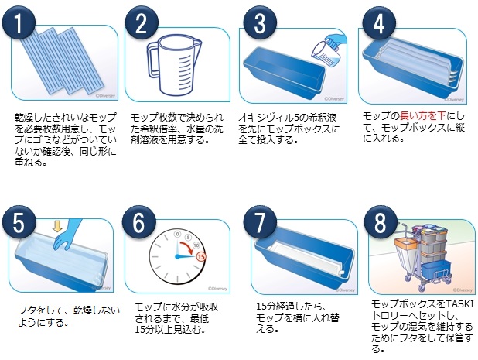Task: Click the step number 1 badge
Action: pyautogui.click(x=19, y=23)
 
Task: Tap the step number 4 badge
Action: pyautogui.click(x=379, y=23)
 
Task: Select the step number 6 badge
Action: pyautogui.click(x=139, y=222)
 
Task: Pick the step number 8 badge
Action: pyautogui.click(x=381, y=222)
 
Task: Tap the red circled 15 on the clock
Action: pyautogui.click(x=201, y=256)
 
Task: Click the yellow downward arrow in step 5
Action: pyautogui.click(x=57, y=226)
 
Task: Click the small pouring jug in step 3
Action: pyautogui.click(x=326, y=53)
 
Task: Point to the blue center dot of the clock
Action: pyautogui.click(x=177, y=257)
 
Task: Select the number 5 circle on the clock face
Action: pyautogui.click(x=188, y=238)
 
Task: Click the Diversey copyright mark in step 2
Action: pyautogui.click(x=217, y=288)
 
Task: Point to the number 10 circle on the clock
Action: pyautogui.click(x=196, y=245)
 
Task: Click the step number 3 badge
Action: pyautogui.click(x=260, y=23)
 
